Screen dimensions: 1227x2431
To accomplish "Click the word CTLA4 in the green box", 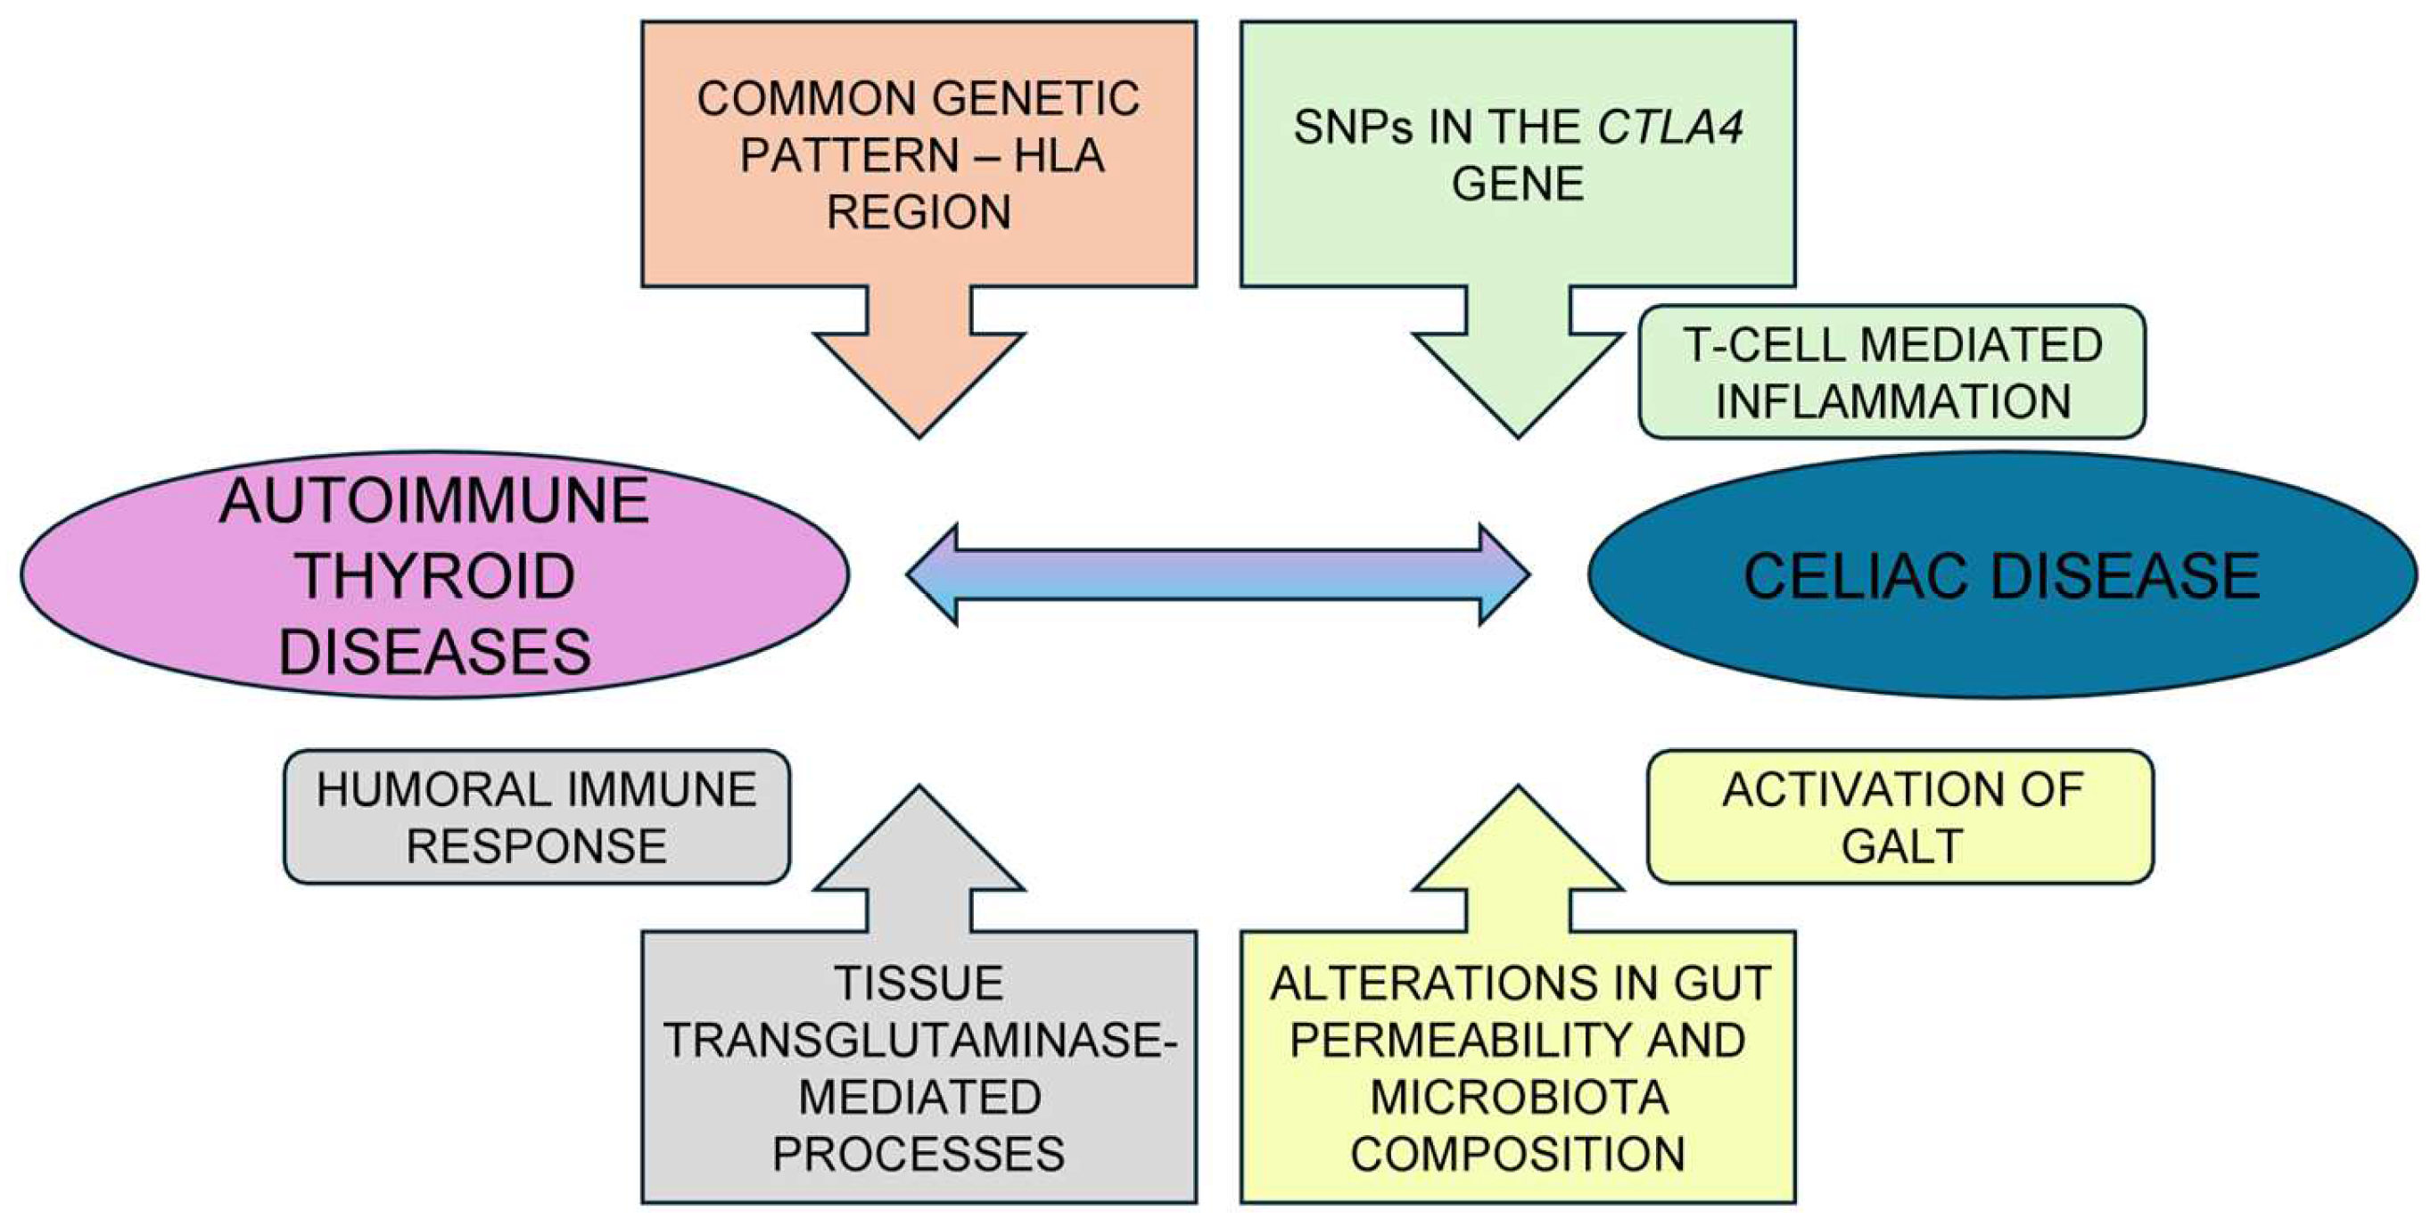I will pos(1669,128).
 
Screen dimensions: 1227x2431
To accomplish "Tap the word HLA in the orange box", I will pos(1059,155).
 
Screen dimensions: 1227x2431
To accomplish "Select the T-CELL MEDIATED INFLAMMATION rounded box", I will pos(1891,372).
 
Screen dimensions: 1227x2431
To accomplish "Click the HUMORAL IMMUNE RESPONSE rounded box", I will pos(536,818).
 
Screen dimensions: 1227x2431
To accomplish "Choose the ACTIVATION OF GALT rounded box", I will pos(1900,818).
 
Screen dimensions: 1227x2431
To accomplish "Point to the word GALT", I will pos(1901,845).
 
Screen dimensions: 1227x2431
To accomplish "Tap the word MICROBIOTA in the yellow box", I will pos(1519,1098).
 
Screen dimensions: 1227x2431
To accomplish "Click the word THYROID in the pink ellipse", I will pos(435,576).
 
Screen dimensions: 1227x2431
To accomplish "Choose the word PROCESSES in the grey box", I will pos(919,1154).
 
